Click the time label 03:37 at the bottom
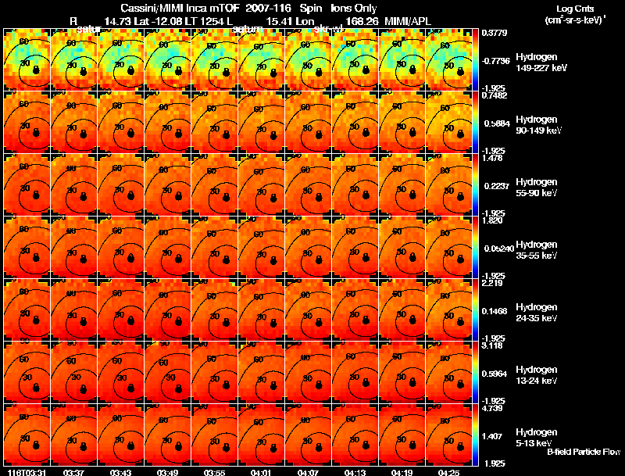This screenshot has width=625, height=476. click(x=74, y=472)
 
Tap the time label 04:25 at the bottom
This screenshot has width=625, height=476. click(x=449, y=472)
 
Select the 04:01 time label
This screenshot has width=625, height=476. click(x=262, y=472)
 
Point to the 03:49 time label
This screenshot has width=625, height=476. click(x=168, y=472)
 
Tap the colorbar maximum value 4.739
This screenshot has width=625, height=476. click(x=492, y=408)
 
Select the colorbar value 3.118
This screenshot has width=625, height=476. click(x=492, y=345)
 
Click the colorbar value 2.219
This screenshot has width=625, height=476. click(x=492, y=283)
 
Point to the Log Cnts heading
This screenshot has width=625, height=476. click(x=574, y=8)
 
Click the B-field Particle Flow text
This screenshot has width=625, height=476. click(x=583, y=452)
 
